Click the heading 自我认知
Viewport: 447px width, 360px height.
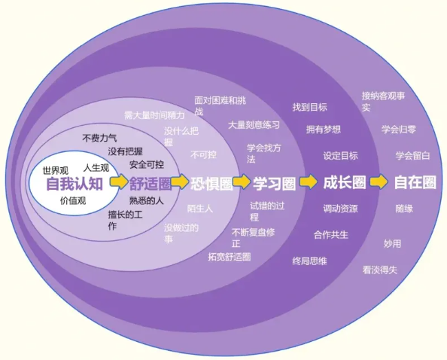[x=74, y=184]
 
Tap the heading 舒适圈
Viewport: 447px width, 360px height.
[x=151, y=184]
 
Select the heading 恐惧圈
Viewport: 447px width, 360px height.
[x=211, y=184]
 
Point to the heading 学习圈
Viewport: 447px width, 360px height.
[x=274, y=183]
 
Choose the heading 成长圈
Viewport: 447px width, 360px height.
[x=345, y=182]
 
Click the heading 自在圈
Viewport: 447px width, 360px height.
[x=415, y=182]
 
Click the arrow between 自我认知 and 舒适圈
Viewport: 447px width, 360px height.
[x=119, y=182]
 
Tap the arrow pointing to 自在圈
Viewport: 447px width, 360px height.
[x=379, y=182]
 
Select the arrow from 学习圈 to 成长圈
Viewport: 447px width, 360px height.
[x=309, y=182]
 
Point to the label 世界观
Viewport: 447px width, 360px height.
[x=56, y=171]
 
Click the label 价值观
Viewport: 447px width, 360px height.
[x=73, y=201]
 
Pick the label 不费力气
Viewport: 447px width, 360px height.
[x=99, y=138]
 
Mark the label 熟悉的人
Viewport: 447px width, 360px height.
[x=147, y=201]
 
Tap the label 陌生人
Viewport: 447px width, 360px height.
[x=200, y=209]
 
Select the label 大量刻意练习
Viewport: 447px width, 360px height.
[x=254, y=125]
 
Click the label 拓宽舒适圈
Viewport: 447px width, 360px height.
[x=230, y=257]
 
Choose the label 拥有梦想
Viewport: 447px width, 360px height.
[x=324, y=130]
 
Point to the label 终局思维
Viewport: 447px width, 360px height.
[x=309, y=261]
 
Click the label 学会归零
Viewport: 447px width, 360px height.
[x=399, y=130]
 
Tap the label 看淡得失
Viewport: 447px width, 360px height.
[x=380, y=270]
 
